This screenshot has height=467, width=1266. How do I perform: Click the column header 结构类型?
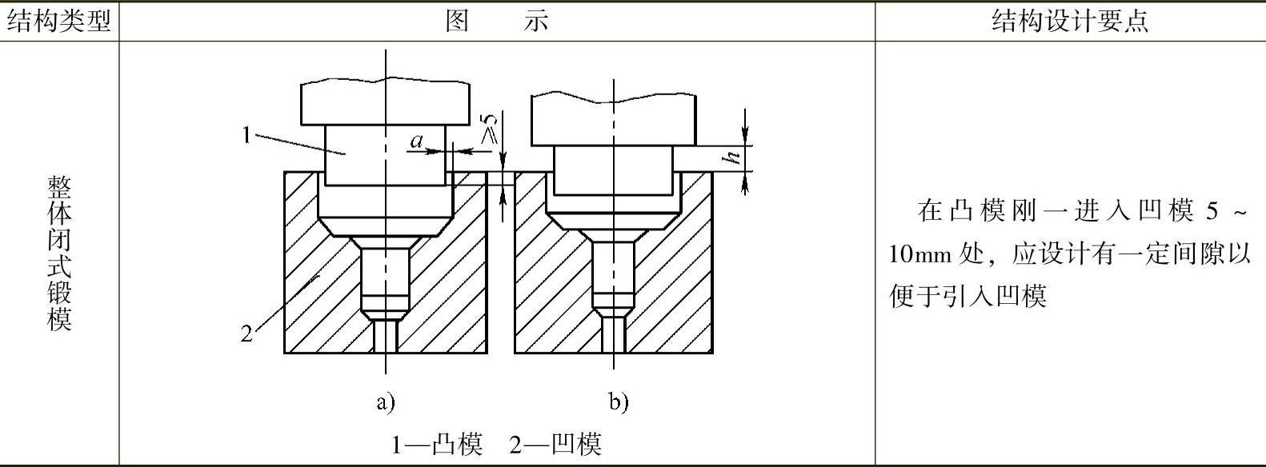pos(58,21)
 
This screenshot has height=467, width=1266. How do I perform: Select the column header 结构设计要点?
pos(1070,21)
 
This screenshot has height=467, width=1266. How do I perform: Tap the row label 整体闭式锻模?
pos(59,253)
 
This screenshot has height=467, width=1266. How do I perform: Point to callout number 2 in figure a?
pos(246,333)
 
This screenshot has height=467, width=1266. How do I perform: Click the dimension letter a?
pos(416,142)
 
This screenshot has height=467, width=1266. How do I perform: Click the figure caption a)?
pos(386,402)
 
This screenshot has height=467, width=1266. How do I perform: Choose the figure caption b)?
pos(618,402)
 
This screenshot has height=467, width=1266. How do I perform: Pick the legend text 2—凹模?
pos(555,443)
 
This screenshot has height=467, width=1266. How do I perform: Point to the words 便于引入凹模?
pos(968,296)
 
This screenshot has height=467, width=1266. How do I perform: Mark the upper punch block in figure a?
pos(385,102)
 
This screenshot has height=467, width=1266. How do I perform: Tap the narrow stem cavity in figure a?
pos(385,280)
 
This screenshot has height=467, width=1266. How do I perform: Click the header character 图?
pos(457,21)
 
